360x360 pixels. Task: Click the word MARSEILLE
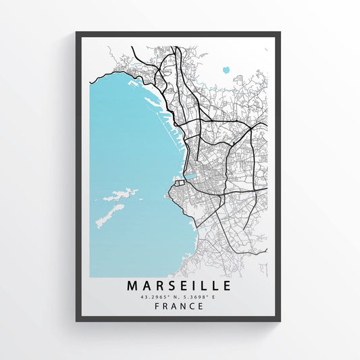pyautogui.click(x=179, y=285)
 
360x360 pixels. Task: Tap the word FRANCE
pyautogui.click(x=179, y=306)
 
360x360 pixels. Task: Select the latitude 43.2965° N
pyautogui.click(x=159, y=296)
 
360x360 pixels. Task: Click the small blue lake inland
pyautogui.click(x=225, y=69)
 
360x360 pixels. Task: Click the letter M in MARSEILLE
pyautogui.click(x=133, y=285)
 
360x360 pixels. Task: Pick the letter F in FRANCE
pyautogui.click(x=157, y=306)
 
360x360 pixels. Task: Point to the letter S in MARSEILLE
pyautogui.click(x=172, y=285)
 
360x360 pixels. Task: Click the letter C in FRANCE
pyautogui.click(x=193, y=306)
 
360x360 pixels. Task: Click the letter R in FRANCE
pyautogui.click(x=165, y=306)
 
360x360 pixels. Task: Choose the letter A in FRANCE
pyautogui.click(x=174, y=306)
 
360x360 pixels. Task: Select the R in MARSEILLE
pyautogui.click(x=159, y=285)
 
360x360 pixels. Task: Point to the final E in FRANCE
pyautogui.click(x=202, y=306)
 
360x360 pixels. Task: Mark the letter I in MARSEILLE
pyautogui.click(x=193, y=285)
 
